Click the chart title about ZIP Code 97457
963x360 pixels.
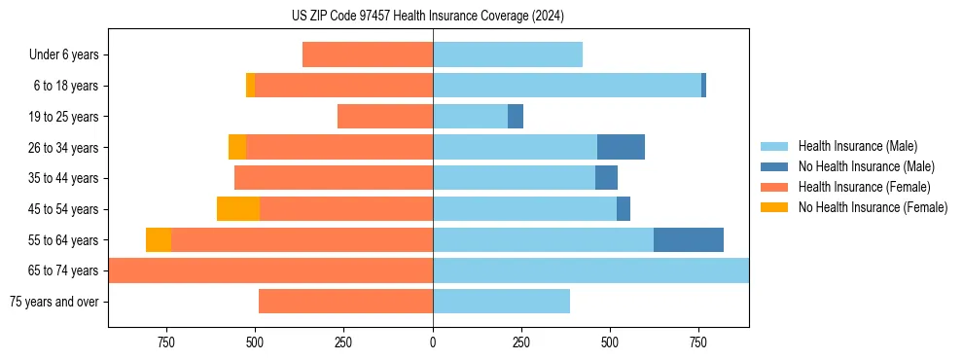[x=428, y=17]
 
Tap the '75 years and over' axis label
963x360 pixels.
[x=54, y=302]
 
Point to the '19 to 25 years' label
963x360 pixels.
[x=64, y=117]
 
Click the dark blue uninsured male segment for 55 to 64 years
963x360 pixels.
[x=689, y=240]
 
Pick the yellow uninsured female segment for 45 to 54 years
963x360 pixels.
[x=238, y=209]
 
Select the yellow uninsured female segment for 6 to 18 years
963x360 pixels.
[x=250, y=86]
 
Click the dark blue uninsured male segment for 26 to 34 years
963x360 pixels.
[x=621, y=148]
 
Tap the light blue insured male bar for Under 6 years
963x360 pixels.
[x=508, y=55]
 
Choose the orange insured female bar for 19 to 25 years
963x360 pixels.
[x=385, y=117]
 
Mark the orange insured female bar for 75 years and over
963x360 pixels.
[x=345, y=302]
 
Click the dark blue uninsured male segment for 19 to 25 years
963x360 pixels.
[x=516, y=117]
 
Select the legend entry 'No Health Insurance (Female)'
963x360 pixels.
[x=873, y=207]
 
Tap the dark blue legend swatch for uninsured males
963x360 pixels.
[x=775, y=166]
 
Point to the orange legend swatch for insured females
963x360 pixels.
[x=775, y=187]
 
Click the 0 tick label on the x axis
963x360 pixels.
[x=433, y=342]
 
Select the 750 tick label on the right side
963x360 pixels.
[x=698, y=342]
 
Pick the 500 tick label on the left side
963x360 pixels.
[x=255, y=342]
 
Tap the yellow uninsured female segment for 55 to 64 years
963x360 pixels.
[x=159, y=240]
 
